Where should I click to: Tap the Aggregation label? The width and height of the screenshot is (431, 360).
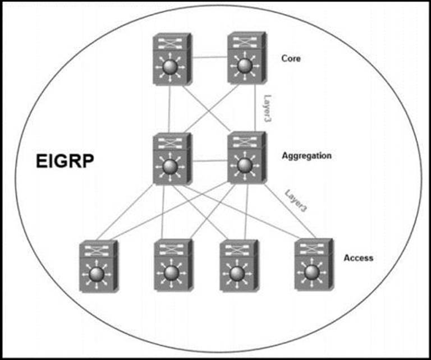point(306,155)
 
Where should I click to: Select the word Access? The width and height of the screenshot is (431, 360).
point(358,258)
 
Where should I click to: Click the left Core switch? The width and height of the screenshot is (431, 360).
point(171,59)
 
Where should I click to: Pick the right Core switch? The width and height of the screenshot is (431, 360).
point(246,58)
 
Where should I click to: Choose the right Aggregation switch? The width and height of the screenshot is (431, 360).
point(246,158)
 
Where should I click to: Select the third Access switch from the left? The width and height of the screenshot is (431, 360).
point(238,266)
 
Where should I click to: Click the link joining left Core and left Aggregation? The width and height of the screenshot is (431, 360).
point(169,109)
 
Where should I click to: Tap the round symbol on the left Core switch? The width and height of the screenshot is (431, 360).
point(170,68)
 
